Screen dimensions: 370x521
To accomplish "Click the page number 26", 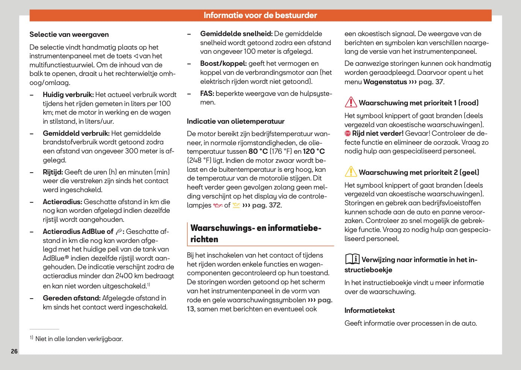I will [x=14, y=351].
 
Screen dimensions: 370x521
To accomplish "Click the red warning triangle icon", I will [x=351, y=102].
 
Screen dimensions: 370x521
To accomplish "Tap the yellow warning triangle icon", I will [x=351, y=172].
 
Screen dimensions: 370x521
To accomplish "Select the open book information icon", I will [x=352, y=259].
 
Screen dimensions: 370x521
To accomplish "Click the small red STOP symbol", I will [x=348, y=133].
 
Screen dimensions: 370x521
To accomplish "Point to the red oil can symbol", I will [x=218, y=205].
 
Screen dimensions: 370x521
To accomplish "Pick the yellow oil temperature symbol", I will [x=236, y=205].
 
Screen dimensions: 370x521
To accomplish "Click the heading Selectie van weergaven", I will [x=69, y=35].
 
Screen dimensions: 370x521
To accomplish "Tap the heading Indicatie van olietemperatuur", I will [x=235, y=121].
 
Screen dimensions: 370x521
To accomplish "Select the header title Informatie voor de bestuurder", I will [x=260, y=15].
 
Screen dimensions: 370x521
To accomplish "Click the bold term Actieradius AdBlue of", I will [x=78, y=232].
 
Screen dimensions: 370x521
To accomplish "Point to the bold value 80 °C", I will [x=258, y=152].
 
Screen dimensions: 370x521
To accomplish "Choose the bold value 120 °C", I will [x=314, y=152].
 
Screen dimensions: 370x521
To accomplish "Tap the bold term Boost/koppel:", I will [x=223, y=64].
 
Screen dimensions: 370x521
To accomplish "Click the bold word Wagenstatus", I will [x=385, y=82].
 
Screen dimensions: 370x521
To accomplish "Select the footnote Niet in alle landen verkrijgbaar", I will [x=79, y=339].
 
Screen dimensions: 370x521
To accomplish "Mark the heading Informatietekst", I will [x=369, y=311].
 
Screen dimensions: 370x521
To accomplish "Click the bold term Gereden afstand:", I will [x=71, y=298].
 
